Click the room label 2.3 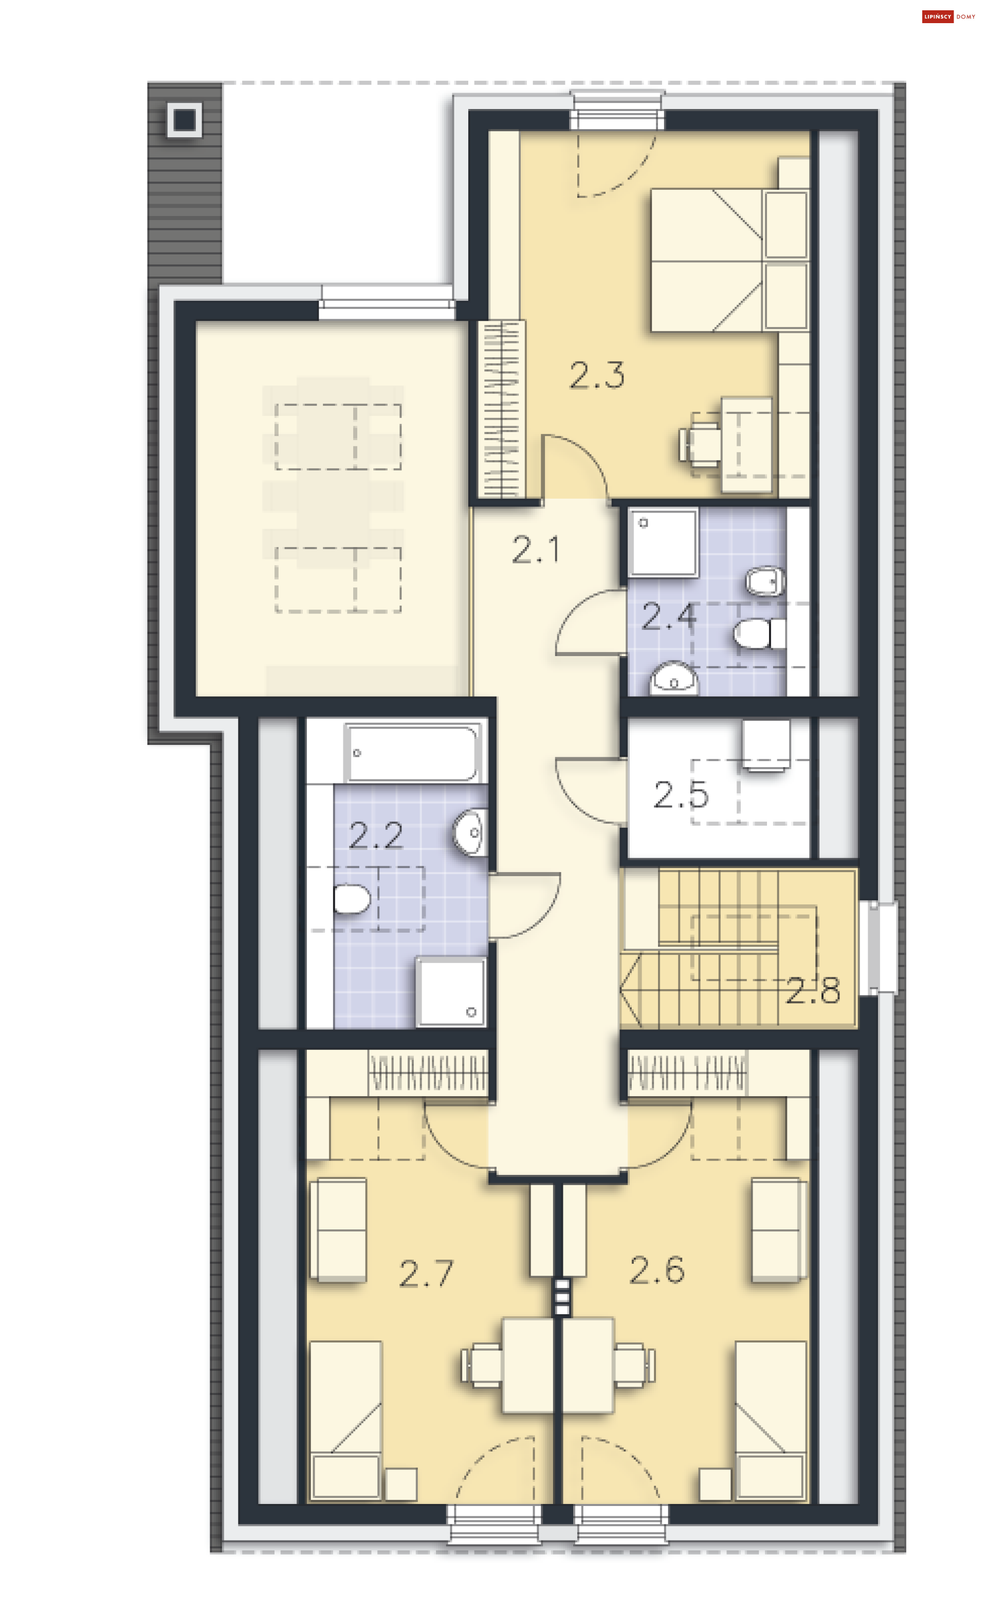(596, 375)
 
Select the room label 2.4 (668, 617)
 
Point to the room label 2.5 (681, 794)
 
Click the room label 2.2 (376, 835)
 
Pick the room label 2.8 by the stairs (813, 990)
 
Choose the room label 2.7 (426, 1273)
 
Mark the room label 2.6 (656, 1269)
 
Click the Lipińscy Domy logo (948, 16)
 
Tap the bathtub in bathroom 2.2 (413, 752)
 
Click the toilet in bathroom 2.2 (352, 899)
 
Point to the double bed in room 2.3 (729, 260)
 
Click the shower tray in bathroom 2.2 (451, 992)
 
